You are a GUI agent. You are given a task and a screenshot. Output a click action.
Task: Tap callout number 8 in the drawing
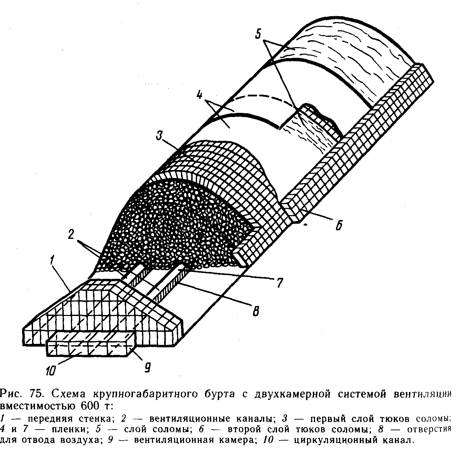(255, 313)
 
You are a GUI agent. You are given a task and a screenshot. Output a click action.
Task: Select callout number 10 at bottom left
(51, 372)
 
